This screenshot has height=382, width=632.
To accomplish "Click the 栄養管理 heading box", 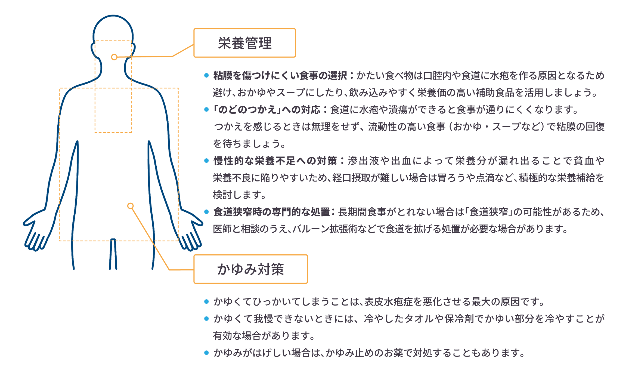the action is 244,43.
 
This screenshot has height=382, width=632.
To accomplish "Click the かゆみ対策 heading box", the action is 250,269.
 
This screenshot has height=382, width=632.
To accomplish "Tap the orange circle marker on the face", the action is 114,57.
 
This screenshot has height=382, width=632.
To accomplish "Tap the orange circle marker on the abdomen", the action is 131,206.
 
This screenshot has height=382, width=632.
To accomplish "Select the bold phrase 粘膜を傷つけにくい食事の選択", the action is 280,76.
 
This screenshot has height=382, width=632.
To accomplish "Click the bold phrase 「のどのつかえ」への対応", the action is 267,110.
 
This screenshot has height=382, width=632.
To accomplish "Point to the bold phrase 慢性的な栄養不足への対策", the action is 275,161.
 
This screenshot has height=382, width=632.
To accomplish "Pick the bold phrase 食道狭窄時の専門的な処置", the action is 271,212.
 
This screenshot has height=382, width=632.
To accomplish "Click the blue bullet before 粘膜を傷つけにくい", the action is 206,75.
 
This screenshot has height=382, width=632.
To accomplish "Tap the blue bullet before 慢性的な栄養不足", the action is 206,161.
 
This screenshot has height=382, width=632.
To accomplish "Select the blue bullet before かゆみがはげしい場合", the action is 206,353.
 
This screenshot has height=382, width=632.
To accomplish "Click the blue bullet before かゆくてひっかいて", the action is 206,301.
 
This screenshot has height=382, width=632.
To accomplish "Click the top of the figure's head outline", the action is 113,16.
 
